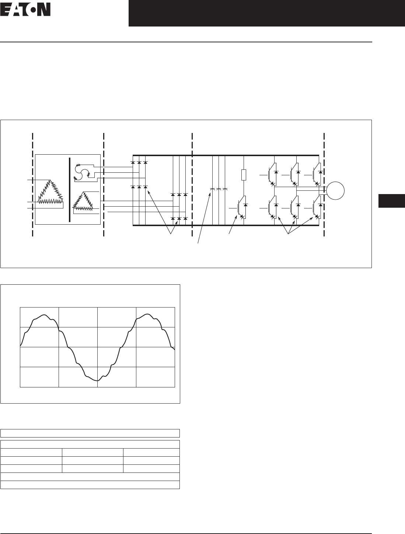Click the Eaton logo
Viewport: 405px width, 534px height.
[25, 10]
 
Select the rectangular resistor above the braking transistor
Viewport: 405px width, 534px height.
[244, 175]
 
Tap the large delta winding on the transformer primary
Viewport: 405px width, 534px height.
[50, 192]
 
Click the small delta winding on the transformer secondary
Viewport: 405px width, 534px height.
[83, 201]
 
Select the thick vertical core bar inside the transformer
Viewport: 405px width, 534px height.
[70, 190]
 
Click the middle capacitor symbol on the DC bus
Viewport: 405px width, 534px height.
[219, 189]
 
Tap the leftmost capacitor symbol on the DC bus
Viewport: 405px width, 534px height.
[212, 189]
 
